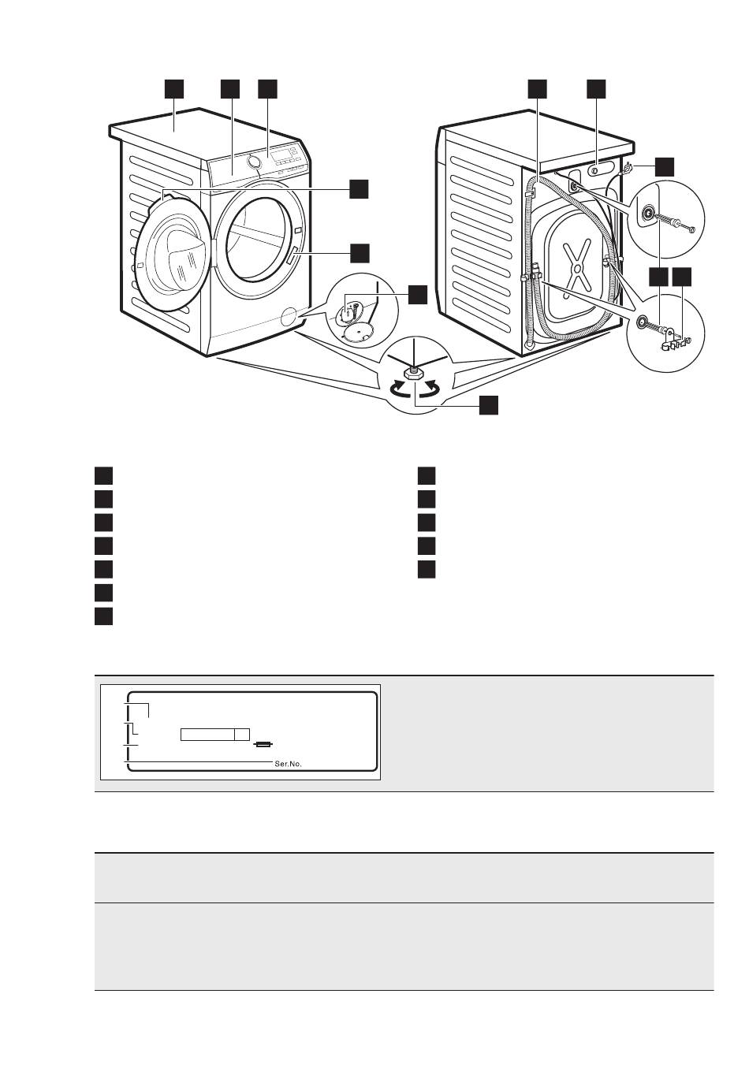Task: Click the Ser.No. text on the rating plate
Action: [x=288, y=764]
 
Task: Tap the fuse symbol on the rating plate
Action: [x=264, y=746]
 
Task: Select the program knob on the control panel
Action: [x=252, y=161]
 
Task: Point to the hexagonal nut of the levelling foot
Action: [x=414, y=372]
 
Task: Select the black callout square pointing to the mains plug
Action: [x=665, y=166]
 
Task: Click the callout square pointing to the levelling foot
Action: [x=488, y=405]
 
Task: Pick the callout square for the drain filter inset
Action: [x=418, y=295]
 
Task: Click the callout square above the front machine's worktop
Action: [x=174, y=89]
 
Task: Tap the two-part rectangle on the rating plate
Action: [x=214, y=734]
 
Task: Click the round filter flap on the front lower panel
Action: [x=290, y=317]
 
